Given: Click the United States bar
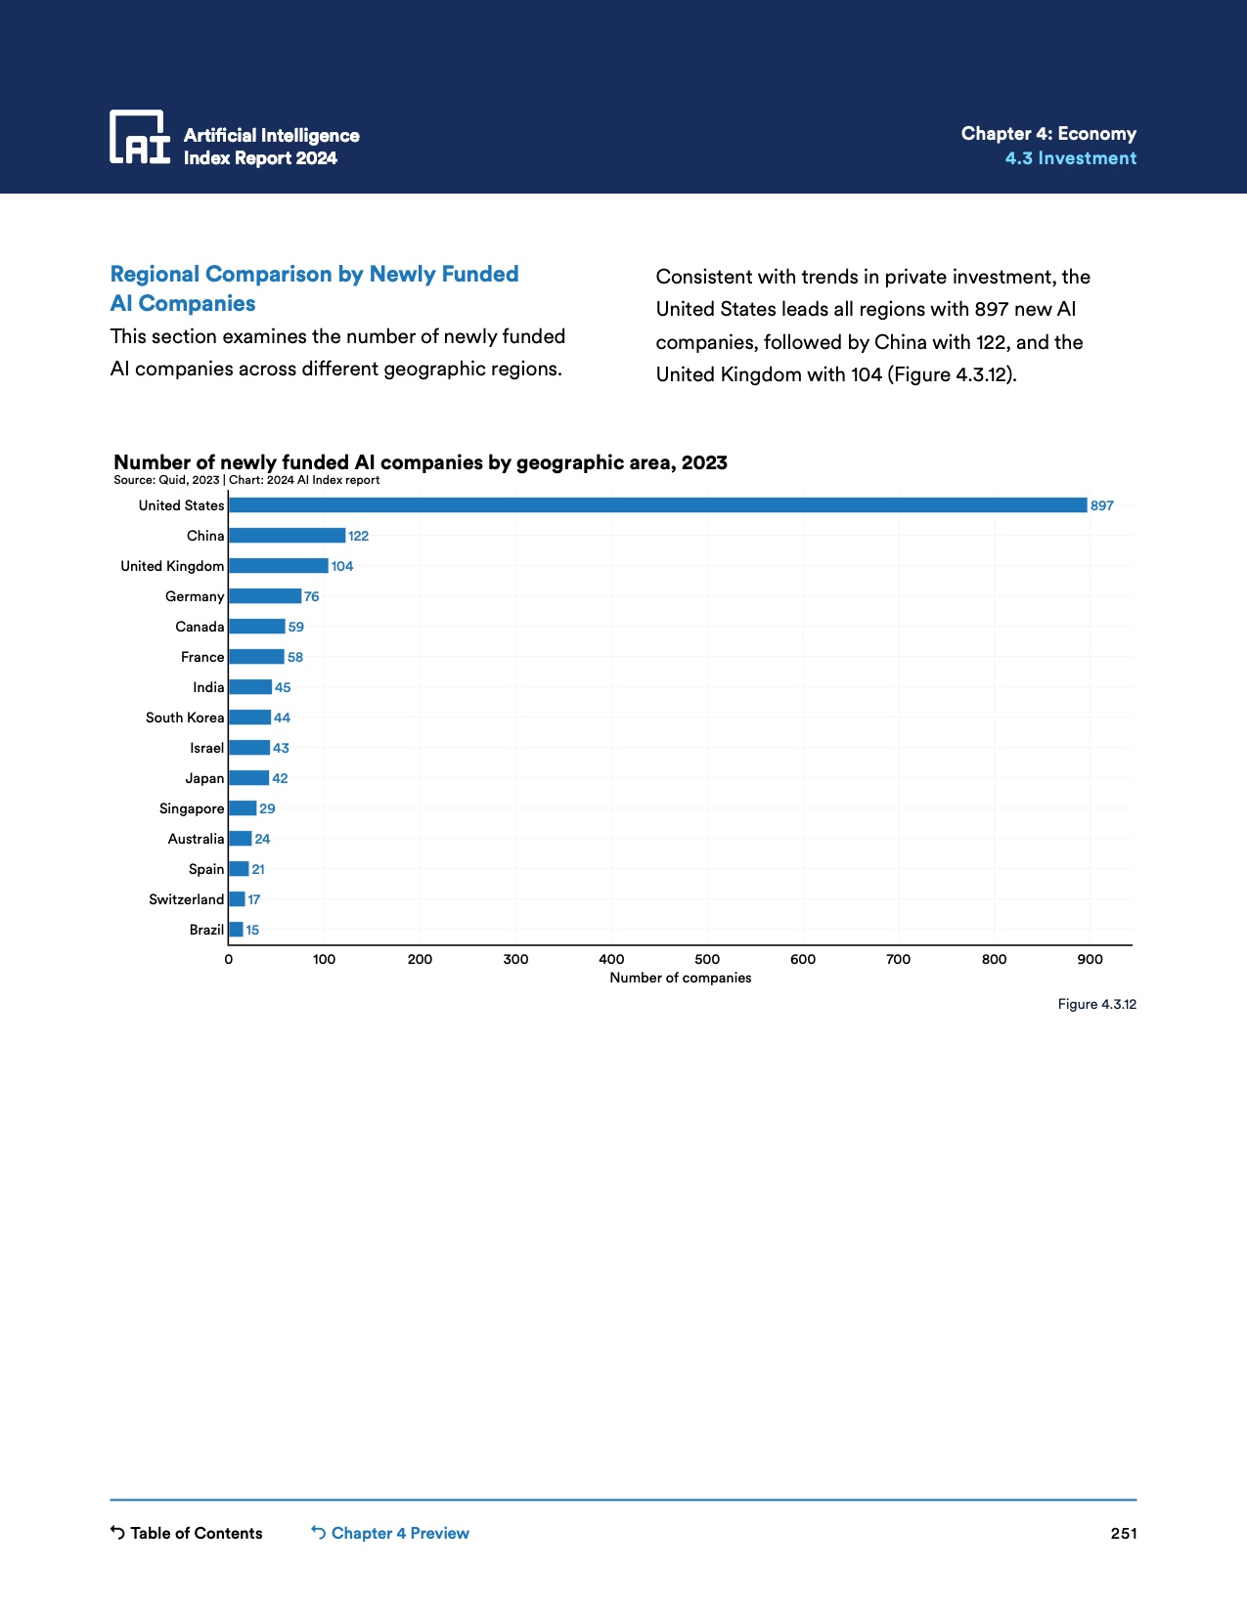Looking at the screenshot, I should [657, 505].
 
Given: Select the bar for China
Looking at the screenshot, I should [287, 536].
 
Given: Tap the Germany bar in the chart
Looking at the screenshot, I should [265, 596].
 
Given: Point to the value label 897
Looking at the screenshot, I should [1102, 505].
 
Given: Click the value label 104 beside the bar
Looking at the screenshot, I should [342, 566].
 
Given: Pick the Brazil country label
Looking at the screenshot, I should [206, 930].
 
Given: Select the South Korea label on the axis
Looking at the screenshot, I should [185, 718].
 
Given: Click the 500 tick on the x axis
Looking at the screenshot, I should [707, 959].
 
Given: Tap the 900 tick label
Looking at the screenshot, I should [1090, 959].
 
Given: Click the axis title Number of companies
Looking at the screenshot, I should [681, 978].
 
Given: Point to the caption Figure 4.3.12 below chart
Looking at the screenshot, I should [1096, 1004].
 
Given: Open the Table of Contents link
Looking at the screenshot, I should [187, 1533].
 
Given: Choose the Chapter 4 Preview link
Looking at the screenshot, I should [390, 1533].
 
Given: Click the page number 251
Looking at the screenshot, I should [1124, 1533].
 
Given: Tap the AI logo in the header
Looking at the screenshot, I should [140, 137].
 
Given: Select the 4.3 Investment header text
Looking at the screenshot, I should [1070, 158].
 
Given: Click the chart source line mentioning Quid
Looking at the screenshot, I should [246, 480].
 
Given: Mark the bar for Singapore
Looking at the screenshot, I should [243, 808].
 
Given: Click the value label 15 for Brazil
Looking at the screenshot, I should [252, 930].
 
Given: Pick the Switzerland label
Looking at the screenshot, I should [186, 899].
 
